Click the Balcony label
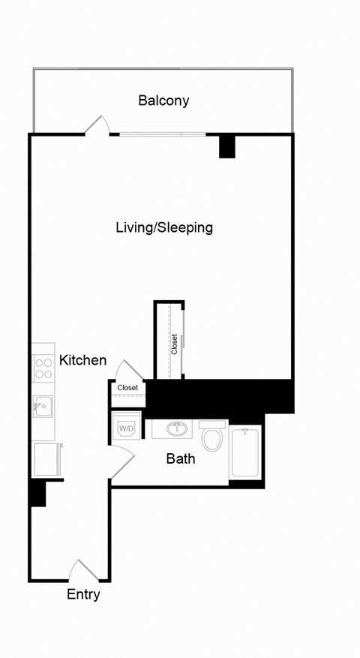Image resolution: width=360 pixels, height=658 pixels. tap(163, 101)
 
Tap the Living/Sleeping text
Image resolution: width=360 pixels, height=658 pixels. tap(163, 227)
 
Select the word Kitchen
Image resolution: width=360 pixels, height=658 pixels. tap(82, 361)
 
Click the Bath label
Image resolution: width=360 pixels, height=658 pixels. tap(181, 458)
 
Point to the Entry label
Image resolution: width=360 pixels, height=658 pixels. tap(83, 595)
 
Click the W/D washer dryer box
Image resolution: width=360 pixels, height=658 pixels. tap(126, 428)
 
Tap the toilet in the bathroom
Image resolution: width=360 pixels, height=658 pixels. tap(212, 437)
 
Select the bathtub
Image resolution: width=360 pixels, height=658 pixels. tap(245, 452)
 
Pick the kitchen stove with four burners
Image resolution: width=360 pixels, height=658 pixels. tap(43, 368)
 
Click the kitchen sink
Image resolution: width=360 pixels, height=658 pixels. tap(42, 407)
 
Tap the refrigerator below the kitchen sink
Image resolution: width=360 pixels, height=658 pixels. tap(45, 458)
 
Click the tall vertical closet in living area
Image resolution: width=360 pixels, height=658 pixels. tap(169, 341)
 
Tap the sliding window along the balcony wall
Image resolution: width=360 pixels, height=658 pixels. tap(163, 135)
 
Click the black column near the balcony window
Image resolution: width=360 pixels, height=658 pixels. tap(227, 146)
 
